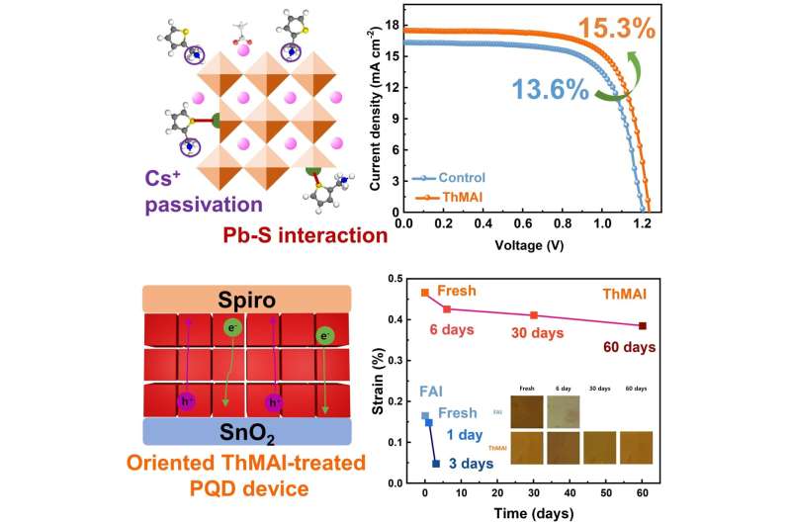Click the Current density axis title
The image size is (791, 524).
[377, 115]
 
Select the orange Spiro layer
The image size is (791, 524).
[247, 299]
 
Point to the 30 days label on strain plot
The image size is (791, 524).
[536, 333]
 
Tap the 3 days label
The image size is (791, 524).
[467, 464]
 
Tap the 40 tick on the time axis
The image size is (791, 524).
[571, 490]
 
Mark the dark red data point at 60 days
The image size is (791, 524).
[643, 325]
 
